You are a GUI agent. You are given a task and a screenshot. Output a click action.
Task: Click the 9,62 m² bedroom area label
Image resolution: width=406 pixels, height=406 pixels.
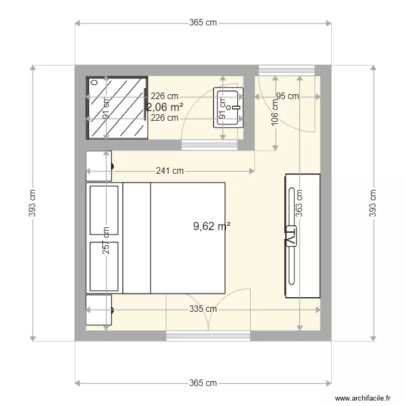(212, 227)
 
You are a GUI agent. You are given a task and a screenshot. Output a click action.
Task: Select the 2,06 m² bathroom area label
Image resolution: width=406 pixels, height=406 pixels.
(164, 107)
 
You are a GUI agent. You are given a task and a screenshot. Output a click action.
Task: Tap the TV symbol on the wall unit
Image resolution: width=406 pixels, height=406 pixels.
(291, 236)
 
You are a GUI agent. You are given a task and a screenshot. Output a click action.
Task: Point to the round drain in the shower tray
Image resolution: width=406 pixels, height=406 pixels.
(95, 83)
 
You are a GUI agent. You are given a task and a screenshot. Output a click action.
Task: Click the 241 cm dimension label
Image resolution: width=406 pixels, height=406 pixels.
(169, 171)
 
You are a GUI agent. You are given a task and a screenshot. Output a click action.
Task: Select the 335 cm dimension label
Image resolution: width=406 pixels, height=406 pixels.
(203, 309)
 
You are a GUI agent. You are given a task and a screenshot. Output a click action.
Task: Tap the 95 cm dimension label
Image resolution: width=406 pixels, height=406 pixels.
(287, 96)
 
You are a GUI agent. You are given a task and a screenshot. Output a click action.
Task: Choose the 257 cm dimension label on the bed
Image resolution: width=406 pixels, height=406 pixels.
(106, 240)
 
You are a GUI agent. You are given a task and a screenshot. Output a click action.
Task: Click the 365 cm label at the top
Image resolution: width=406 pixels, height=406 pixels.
(203, 23)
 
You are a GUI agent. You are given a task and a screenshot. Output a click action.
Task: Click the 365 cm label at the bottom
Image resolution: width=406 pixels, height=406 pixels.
(203, 383)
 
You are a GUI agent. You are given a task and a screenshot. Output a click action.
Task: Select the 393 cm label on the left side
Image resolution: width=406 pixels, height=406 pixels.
(32, 202)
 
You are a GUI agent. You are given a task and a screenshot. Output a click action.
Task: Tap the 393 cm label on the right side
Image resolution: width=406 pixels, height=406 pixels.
(373, 202)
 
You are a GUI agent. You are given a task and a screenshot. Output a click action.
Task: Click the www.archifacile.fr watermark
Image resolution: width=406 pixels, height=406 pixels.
(362, 397)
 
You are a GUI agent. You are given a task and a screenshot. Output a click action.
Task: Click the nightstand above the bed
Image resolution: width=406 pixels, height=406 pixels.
(99, 165)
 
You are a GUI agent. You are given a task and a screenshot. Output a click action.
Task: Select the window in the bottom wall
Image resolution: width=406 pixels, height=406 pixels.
(208, 337)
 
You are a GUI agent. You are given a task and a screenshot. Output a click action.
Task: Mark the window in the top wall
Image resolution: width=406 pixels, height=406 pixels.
(287, 70)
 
